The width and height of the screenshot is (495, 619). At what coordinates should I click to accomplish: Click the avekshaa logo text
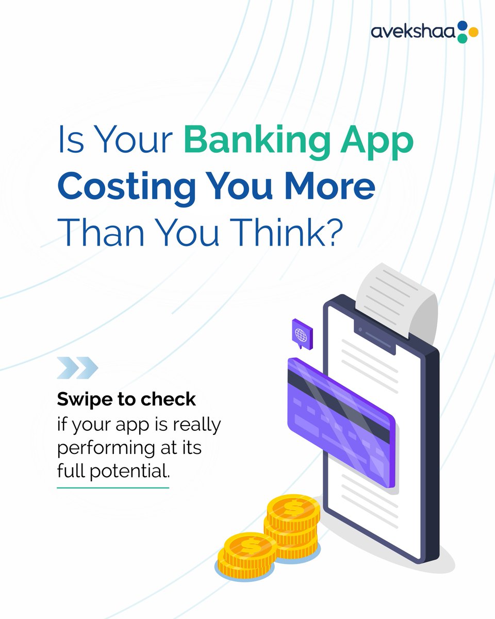pyautogui.click(x=412, y=31)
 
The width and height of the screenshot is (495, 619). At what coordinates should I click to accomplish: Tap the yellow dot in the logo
pyautogui.click(x=473, y=32)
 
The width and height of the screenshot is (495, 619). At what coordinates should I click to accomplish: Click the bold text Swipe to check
pyautogui.click(x=126, y=399)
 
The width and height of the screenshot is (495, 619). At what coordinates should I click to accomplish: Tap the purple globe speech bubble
pyautogui.click(x=301, y=334)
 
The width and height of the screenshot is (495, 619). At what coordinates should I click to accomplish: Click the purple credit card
pyautogui.click(x=341, y=423)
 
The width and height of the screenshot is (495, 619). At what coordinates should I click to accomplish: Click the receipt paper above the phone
pyautogui.click(x=397, y=297)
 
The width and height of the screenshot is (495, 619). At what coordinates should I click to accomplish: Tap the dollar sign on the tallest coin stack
pyautogui.click(x=293, y=509)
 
